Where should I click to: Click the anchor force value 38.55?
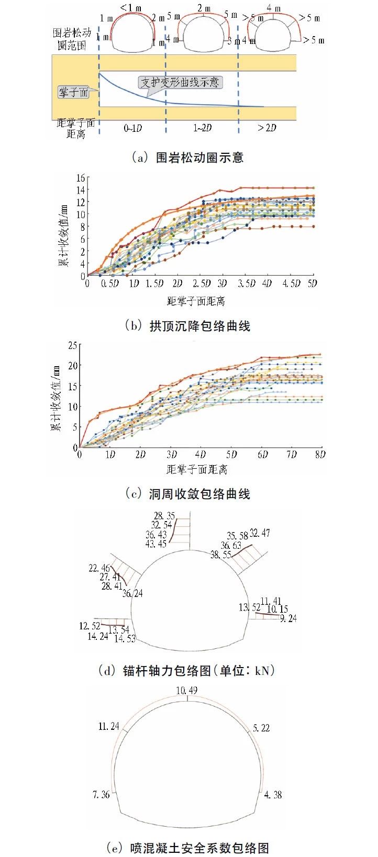[x=220, y=555]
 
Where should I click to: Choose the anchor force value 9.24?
[x=288, y=618]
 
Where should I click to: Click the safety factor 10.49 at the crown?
[x=186, y=691]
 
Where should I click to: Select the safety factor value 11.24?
[x=109, y=726]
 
